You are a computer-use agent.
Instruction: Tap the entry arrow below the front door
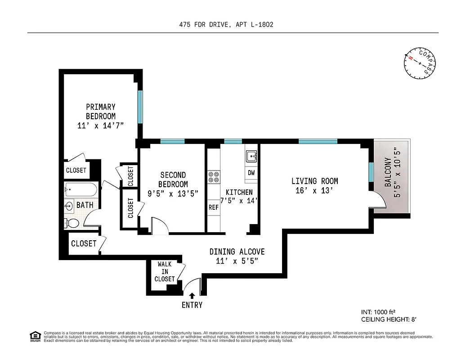(192, 296)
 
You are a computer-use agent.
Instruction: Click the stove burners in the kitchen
(213, 176)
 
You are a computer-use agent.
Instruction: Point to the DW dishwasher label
(251, 173)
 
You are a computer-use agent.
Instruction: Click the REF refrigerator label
(213, 207)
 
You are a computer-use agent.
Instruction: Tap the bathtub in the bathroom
(81, 189)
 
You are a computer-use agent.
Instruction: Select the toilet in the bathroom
(72, 223)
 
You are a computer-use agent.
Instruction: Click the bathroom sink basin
(69, 206)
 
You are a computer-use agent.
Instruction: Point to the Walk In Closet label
(165, 272)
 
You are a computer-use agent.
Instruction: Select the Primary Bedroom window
(140, 107)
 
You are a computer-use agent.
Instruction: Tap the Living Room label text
(314, 181)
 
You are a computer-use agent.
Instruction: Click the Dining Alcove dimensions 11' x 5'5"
(237, 261)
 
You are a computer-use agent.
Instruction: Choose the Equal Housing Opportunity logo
(34, 336)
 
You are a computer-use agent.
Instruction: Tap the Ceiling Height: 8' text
(390, 319)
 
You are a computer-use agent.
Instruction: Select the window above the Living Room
(318, 141)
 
